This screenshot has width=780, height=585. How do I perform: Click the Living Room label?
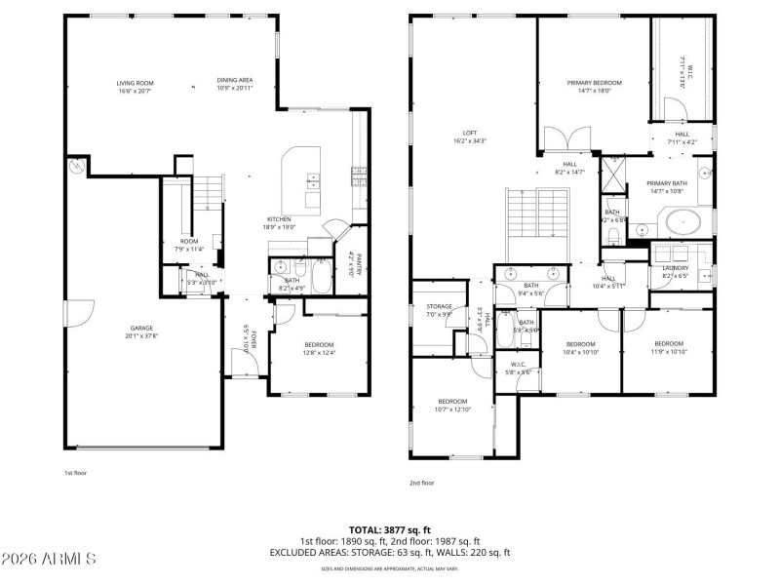(x=136, y=83)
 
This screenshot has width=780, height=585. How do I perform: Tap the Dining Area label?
(x=235, y=83)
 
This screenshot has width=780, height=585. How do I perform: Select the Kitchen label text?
(x=279, y=219)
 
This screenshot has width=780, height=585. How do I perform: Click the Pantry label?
(x=357, y=264)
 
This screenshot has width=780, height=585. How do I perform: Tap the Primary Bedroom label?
(x=594, y=83)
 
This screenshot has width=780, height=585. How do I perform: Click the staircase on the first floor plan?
(x=205, y=195)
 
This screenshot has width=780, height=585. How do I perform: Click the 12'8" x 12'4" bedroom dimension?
(x=319, y=353)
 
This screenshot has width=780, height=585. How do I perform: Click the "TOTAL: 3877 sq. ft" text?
(x=389, y=530)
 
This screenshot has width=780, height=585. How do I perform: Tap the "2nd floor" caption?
(x=422, y=483)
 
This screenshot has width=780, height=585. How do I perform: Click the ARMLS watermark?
(x=49, y=560)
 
